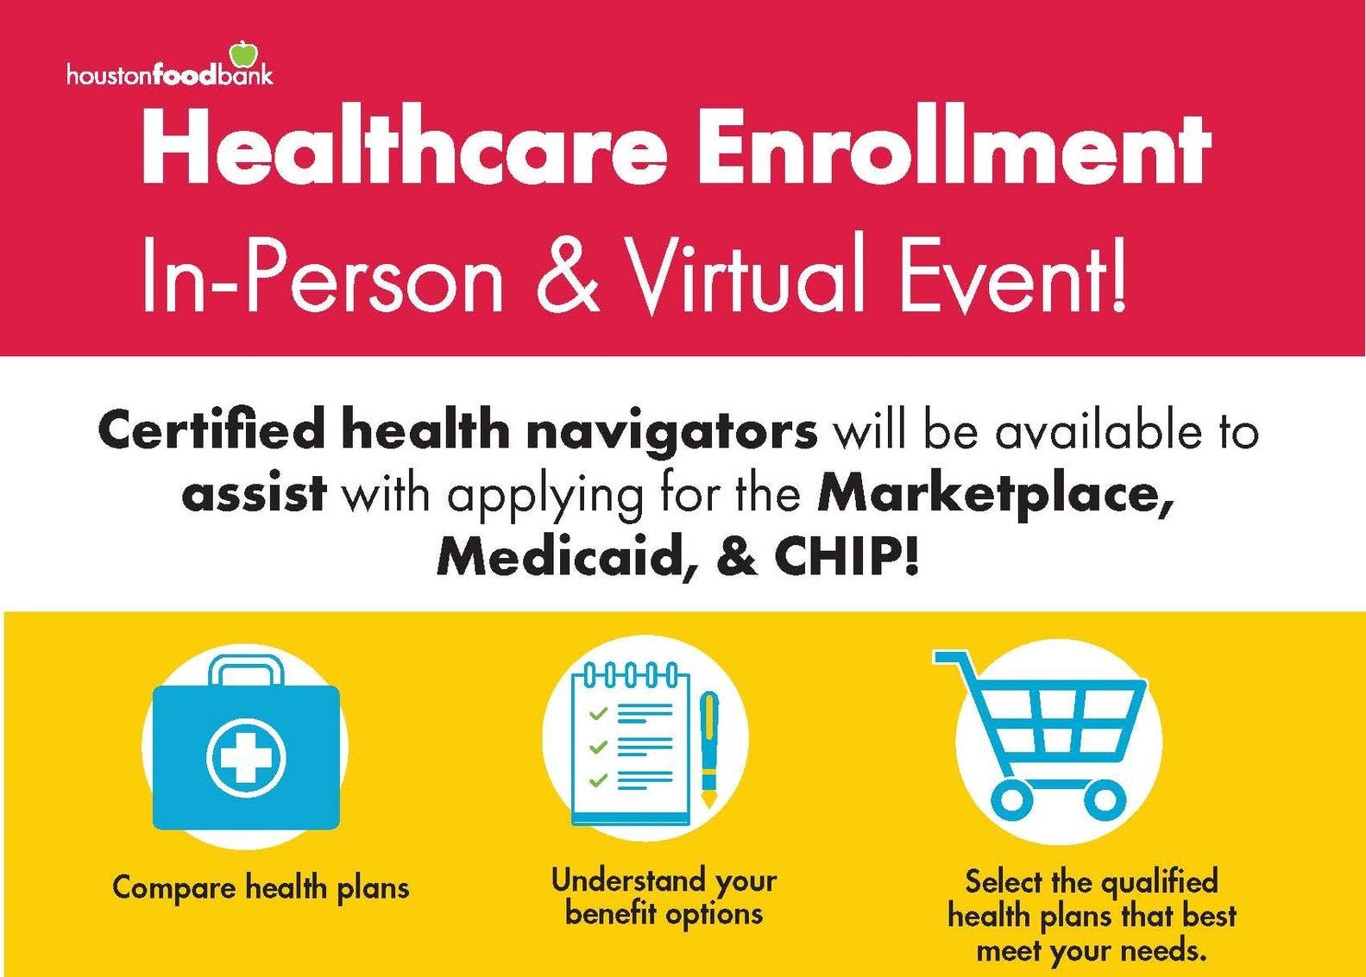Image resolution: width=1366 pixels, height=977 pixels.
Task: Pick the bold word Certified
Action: pyautogui.click(x=211, y=431)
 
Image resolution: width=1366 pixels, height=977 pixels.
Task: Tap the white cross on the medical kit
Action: pyautogui.click(x=245, y=758)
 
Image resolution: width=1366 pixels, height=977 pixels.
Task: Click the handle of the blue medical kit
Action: pyautogui.click(x=246, y=670)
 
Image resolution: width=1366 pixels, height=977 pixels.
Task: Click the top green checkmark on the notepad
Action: pyautogui.click(x=598, y=712)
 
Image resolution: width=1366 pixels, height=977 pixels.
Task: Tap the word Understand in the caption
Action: pyautogui.click(x=626, y=880)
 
